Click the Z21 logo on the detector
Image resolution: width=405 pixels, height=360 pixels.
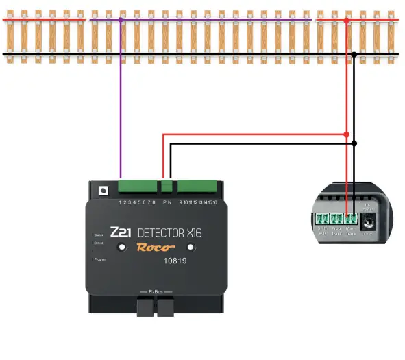(x=121, y=232)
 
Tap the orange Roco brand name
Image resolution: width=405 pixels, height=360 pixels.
(x=156, y=248)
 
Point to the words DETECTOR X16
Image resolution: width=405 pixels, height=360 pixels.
(x=169, y=232)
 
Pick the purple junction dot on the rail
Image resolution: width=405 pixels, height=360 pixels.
(x=121, y=21)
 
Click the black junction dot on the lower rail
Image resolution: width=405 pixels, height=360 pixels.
(x=354, y=54)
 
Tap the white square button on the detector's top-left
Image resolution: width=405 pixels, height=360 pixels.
(x=103, y=191)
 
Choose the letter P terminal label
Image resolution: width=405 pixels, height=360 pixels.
(x=164, y=202)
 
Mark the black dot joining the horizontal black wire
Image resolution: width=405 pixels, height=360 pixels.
(x=354, y=143)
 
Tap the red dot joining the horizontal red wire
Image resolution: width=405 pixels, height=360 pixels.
(x=346, y=134)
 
